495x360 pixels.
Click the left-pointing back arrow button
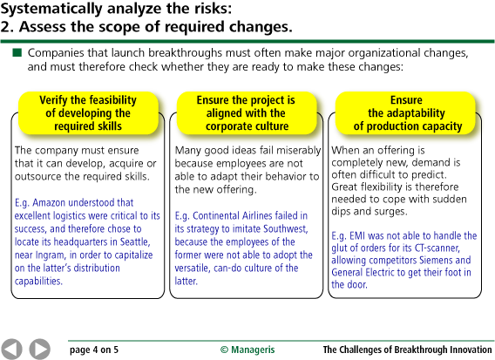click(x=11, y=349)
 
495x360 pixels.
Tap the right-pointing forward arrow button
click(x=39, y=349)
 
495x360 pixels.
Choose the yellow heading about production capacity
click(x=407, y=113)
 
